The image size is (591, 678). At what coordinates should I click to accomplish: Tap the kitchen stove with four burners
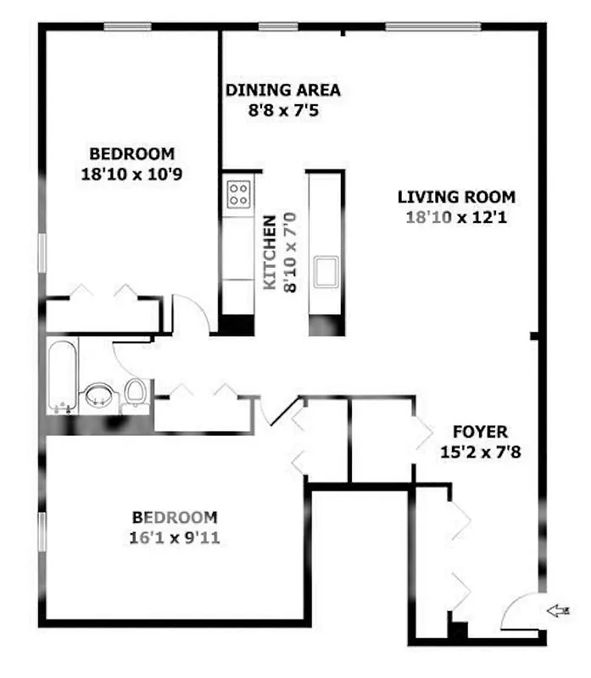pyautogui.click(x=238, y=194)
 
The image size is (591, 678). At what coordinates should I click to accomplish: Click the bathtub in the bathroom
pyautogui.click(x=63, y=378)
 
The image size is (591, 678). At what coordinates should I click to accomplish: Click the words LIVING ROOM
pyautogui.click(x=456, y=197)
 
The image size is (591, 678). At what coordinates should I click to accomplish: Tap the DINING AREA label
pyautogui.click(x=283, y=90)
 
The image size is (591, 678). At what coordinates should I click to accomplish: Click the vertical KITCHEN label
pyautogui.click(x=270, y=254)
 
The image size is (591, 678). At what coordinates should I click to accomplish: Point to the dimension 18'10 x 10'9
pyautogui.click(x=131, y=174)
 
